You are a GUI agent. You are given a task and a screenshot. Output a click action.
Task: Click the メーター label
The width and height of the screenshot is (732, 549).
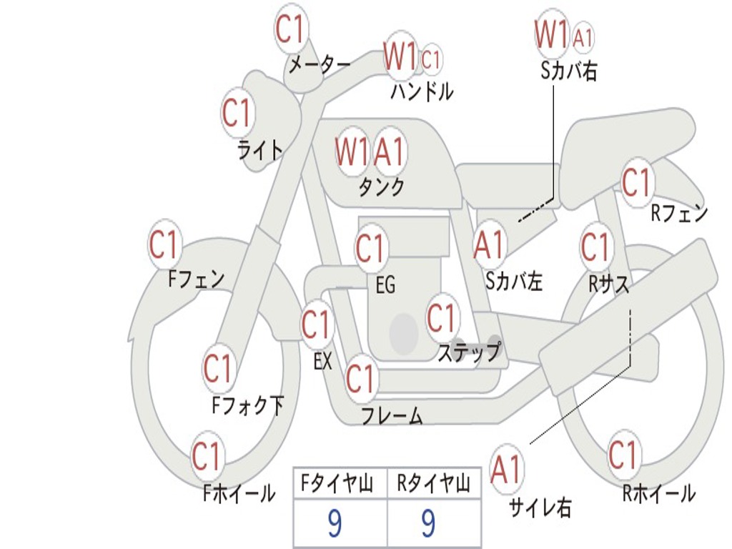click(x=320, y=65)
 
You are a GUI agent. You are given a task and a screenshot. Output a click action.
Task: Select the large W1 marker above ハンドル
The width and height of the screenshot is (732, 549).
click(x=400, y=56)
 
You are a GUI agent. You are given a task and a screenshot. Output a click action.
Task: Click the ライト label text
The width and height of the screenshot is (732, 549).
click(x=260, y=149)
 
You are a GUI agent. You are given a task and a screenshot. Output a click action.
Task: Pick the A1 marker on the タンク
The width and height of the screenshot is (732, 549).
click(x=390, y=152)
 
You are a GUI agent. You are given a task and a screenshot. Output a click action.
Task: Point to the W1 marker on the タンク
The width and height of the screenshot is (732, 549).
click(x=352, y=152)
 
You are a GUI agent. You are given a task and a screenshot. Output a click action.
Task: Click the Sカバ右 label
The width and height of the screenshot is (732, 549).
click(x=568, y=71)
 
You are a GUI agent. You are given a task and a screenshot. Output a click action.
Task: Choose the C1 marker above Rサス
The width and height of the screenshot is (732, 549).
click(x=595, y=247)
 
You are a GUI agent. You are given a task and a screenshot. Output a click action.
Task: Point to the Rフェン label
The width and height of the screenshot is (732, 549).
click(x=679, y=213)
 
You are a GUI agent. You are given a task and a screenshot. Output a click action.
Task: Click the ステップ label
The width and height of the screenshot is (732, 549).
click(x=469, y=352)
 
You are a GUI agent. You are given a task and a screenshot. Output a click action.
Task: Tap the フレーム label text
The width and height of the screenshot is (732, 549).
click(x=392, y=415)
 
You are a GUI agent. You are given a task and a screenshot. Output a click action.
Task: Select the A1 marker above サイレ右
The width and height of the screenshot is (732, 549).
click(x=507, y=468)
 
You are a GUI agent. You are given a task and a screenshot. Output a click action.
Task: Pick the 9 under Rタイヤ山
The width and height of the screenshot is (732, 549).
click(x=429, y=523)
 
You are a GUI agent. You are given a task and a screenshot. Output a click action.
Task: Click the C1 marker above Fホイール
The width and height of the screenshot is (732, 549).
click(x=206, y=455)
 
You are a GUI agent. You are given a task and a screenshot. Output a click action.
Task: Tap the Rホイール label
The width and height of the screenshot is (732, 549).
click(x=658, y=493)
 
